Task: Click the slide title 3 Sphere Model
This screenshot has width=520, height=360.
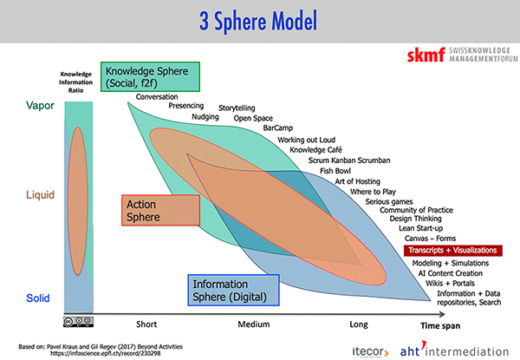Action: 259,20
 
